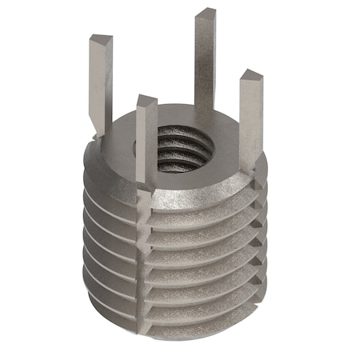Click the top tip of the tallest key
point(206,14)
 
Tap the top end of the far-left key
point(101,39)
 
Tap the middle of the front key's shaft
point(147,144)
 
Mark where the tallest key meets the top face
point(206,120)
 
